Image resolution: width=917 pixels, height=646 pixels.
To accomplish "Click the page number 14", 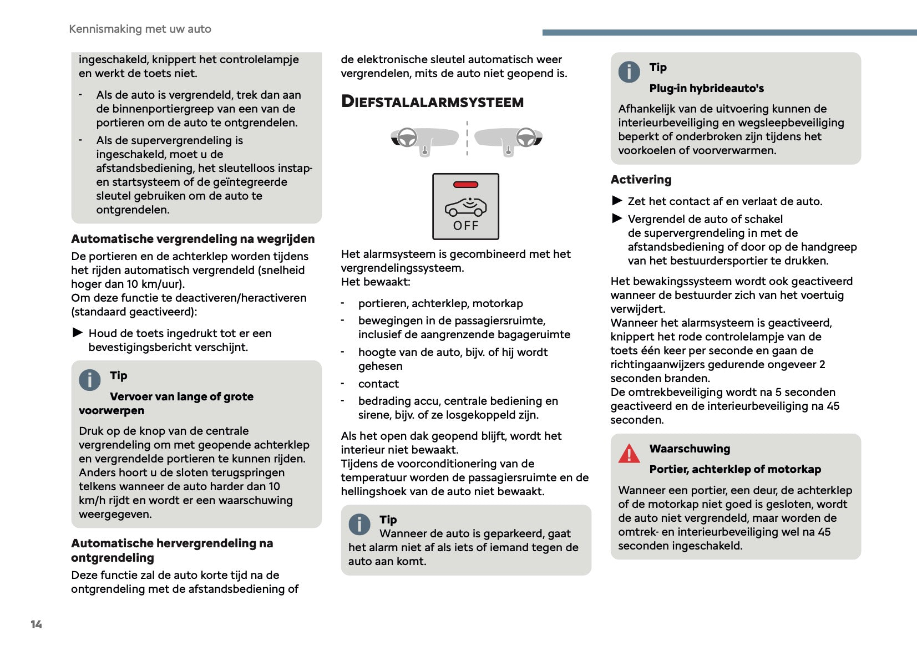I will [36, 624].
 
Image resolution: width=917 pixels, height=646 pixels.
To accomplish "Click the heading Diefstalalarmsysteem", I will [432, 101].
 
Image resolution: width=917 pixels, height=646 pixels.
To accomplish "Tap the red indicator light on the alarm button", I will [465, 185].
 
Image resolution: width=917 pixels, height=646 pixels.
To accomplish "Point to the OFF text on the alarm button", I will [465, 226].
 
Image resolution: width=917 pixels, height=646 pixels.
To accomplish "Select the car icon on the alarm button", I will [465, 207].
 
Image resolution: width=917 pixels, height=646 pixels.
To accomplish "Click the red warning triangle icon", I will [629, 454].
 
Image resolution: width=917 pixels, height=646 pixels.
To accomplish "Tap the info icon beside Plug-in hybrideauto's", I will [629, 72].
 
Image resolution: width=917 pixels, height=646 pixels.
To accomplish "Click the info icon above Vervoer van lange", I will [90, 380].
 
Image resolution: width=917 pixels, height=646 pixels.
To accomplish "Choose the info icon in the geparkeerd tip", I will [359, 524].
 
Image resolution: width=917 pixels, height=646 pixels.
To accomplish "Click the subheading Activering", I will [641, 180].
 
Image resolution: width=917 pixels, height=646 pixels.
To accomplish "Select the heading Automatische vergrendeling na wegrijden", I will [192, 239].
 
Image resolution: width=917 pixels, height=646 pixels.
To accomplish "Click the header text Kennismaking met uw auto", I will [140, 29].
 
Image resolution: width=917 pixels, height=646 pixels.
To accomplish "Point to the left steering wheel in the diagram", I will [408, 138].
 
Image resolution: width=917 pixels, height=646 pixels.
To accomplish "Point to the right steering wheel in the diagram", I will [526, 137].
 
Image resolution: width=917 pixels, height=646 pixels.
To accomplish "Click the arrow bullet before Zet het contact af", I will [617, 201].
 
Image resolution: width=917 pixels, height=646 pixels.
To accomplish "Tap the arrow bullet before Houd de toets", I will [78, 333].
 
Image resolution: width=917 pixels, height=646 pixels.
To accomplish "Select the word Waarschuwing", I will [690, 449].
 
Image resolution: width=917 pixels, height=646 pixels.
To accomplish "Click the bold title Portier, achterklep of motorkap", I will [735, 469].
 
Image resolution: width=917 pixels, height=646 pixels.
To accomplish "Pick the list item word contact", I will [378, 384].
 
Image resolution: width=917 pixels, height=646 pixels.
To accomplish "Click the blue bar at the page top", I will [729, 33].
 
